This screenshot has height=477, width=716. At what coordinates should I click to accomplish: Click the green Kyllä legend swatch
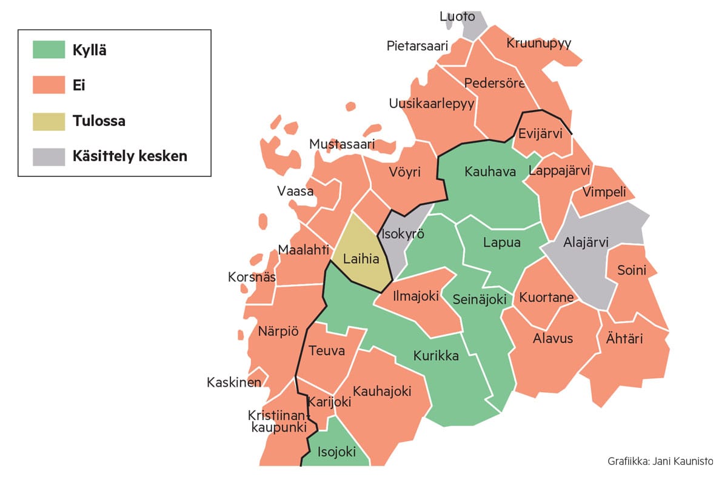[x=49, y=50]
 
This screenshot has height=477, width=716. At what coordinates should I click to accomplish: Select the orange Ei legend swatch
[x=49, y=85]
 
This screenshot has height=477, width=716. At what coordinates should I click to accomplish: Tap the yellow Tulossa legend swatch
[x=49, y=121]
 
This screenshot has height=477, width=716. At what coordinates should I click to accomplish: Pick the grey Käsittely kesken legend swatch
[x=49, y=156]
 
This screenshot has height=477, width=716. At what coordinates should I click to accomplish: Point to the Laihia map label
[x=361, y=259]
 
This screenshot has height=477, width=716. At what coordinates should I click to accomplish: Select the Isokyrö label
[x=403, y=235]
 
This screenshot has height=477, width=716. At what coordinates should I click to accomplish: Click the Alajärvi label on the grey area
[x=586, y=242]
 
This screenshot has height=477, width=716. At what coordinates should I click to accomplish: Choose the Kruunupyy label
[x=539, y=43]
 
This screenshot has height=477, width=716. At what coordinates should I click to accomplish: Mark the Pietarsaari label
[x=417, y=46]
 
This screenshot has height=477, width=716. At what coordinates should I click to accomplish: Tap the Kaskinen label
[x=234, y=382]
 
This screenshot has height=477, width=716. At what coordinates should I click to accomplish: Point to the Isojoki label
[x=336, y=452]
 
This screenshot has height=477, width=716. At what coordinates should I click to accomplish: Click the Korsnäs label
[x=252, y=278]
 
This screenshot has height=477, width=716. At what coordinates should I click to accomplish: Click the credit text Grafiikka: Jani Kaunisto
[x=660, y=462]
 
